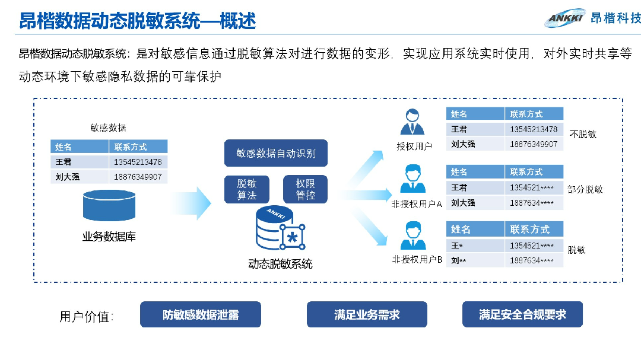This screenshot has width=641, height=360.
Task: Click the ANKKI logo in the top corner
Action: click(x=566, y=18)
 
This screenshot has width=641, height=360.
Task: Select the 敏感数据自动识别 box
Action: click(x=276, y=153)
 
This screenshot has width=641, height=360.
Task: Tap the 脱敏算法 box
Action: click(x=247, y=189)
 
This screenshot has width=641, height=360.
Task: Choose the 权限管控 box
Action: click(x=306, y=189)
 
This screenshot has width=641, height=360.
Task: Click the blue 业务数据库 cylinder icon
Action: click(x=109, y=206)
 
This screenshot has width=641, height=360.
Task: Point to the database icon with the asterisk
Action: click(x=280, y=228)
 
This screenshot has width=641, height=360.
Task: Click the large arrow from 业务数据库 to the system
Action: click(x=191, y=203)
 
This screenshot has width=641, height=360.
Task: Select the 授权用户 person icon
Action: click(x=412, y=122)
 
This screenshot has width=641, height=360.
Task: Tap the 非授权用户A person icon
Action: click(x=413, y=179)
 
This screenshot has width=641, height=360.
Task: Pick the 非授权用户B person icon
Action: click(x=413, y=235)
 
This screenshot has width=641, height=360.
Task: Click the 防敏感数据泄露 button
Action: click(x=201, y=315)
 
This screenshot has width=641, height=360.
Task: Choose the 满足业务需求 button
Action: click(x=367, y=315)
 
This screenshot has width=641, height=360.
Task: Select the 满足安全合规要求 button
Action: click(x=522, y=315)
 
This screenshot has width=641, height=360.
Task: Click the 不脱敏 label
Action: click(x=583, y=135)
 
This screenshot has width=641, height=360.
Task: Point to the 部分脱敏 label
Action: click(x=585, y=189)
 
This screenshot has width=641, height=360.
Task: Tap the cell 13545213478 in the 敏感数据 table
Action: click(x=138, y=163)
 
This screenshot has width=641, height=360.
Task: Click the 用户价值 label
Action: click(x=86, y=317)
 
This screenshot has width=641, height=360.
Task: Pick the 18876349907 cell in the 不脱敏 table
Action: click(x=534, y=144)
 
